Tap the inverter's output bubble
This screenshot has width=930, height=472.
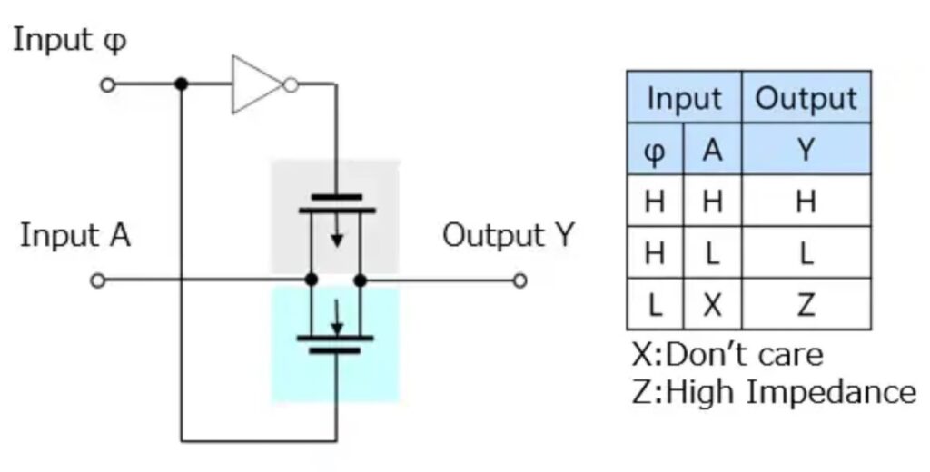290,85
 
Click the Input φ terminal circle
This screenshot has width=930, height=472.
108,84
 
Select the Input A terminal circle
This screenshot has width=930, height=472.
98,280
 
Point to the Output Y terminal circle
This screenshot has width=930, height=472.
519,280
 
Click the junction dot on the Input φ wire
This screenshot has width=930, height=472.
182,84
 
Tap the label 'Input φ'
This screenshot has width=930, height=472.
69,41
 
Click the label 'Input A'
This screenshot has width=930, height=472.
75,235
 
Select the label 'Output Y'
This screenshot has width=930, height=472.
509,235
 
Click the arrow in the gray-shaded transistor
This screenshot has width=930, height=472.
337,238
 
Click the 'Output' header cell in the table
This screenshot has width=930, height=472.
806,98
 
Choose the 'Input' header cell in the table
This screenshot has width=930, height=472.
684,98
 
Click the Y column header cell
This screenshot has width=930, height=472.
806,149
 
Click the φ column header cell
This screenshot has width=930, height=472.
654,149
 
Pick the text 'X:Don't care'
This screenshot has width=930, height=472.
727,352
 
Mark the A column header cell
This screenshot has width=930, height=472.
712,149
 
